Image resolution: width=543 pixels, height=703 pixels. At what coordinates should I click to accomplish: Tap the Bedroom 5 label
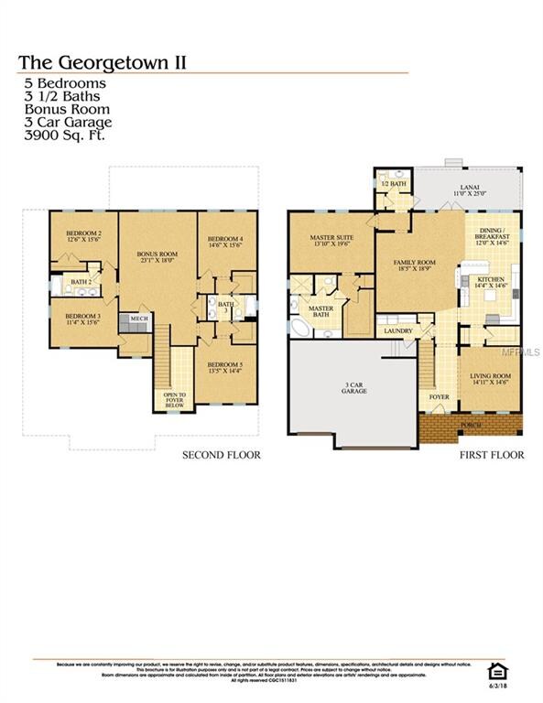224,369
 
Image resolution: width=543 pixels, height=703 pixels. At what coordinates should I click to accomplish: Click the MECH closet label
139,319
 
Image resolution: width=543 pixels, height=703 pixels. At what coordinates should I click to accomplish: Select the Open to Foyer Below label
175,400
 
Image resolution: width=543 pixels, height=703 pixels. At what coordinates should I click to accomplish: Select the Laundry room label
397,330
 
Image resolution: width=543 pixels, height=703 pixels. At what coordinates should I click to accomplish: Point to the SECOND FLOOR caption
222,455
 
